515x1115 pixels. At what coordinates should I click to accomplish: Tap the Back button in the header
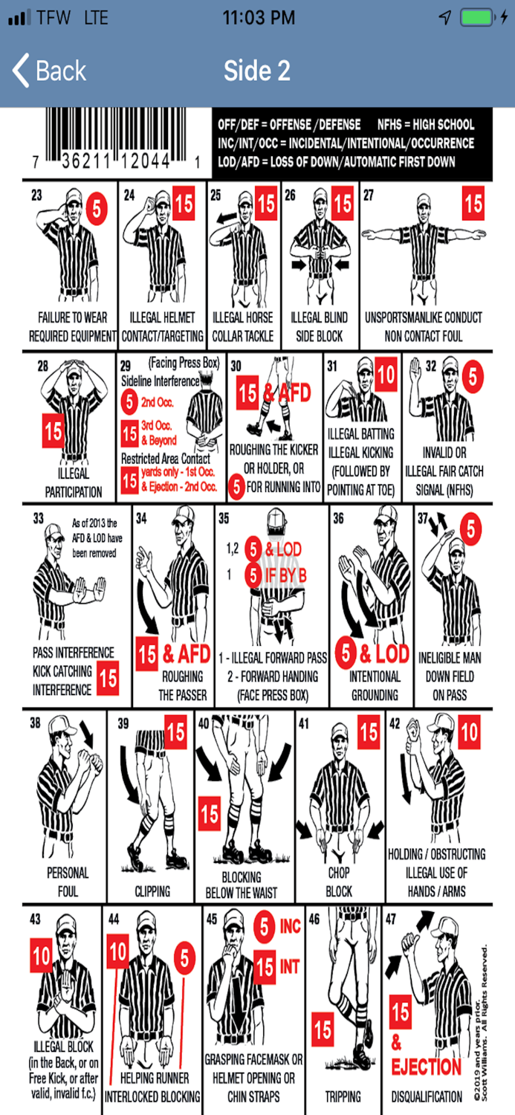[49, 71]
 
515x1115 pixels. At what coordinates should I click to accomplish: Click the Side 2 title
[256, 71]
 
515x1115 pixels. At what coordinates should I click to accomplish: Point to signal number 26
[290, 195]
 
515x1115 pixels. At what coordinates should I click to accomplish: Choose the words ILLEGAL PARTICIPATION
[73, 482]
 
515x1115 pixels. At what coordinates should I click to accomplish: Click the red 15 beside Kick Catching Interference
[108, 679]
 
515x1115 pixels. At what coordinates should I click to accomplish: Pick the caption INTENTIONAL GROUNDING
[375, 686]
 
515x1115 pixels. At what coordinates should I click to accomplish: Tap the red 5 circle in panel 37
[470, 529]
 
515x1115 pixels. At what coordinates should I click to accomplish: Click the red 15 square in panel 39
[175, 733]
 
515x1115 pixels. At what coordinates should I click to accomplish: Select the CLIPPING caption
[152, 891]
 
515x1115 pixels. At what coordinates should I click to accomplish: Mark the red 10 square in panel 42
[469, 733]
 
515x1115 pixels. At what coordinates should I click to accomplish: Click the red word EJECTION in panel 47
[426, 1067]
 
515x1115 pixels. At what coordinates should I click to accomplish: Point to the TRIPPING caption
[343, 1096]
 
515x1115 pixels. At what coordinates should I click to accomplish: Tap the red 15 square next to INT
[265, 966]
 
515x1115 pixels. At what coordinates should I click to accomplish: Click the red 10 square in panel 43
[42, 956]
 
